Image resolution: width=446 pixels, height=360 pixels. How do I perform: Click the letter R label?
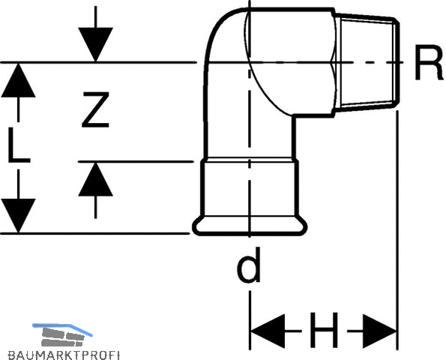click(429, 63)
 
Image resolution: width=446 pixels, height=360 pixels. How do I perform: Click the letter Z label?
click(95, 109)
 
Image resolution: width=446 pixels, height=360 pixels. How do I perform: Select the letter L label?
click(19, 145)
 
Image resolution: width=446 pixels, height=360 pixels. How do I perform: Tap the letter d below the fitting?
click(249, 265)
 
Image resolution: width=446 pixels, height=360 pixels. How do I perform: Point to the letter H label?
click(324, 331)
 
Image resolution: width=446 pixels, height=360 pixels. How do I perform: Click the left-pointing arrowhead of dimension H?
click(268, 331)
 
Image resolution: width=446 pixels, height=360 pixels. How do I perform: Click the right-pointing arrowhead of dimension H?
click(380, 331)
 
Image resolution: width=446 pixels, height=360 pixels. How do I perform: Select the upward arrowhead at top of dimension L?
click(19, 80)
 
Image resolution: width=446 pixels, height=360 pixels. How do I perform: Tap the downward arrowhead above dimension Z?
click(96, 44)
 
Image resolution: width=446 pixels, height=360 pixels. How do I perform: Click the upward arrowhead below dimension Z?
click(96, 179)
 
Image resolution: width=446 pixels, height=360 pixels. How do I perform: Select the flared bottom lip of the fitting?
click(250, 226)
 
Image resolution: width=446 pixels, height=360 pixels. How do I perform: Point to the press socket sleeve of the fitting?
click(250, 188)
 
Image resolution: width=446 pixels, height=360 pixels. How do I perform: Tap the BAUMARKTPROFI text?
click(64, 355)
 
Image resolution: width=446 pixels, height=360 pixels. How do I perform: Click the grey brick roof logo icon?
click(63, 337)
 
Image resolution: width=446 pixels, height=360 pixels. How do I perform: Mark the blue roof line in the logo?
click(62, 329)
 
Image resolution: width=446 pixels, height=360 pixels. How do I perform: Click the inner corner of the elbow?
click(293, 115)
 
